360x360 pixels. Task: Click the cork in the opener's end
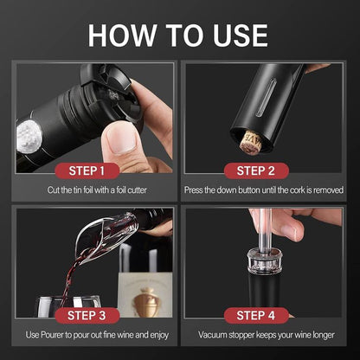(252, 140)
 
